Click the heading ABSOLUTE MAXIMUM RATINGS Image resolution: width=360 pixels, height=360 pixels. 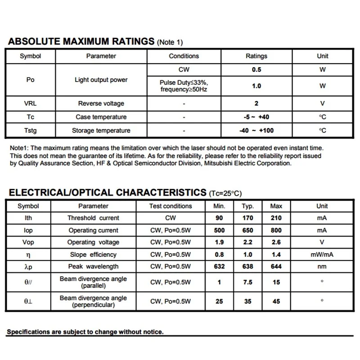click(81, 42)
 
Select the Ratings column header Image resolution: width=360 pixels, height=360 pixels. click(256, 56)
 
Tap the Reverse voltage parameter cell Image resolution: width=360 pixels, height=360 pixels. click(101, 104)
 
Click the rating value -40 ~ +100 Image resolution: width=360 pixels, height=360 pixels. click(256, 131)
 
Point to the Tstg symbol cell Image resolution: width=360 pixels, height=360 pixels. click(30, 131)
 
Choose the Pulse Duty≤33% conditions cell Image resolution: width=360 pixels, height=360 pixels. click(184, 86)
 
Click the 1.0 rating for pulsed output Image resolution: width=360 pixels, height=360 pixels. click(256, 86)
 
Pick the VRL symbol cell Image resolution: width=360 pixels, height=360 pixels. click(30, 104)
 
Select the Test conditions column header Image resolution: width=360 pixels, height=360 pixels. click(171, 206)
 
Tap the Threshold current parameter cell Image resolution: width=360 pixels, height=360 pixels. click(93, 218)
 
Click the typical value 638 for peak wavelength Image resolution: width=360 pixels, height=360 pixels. click(247, 267)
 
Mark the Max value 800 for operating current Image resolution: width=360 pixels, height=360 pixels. click(276, 230)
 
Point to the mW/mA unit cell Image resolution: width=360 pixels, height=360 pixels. click(322, 255)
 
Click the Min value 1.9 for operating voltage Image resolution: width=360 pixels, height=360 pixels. click(219, 242)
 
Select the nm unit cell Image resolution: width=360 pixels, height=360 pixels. click(322, 267)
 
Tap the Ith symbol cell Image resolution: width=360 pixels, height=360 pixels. click(28, 218)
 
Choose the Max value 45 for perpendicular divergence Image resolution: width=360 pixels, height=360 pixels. click(276, 301)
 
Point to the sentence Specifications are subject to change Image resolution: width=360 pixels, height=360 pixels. click(85, 332)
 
